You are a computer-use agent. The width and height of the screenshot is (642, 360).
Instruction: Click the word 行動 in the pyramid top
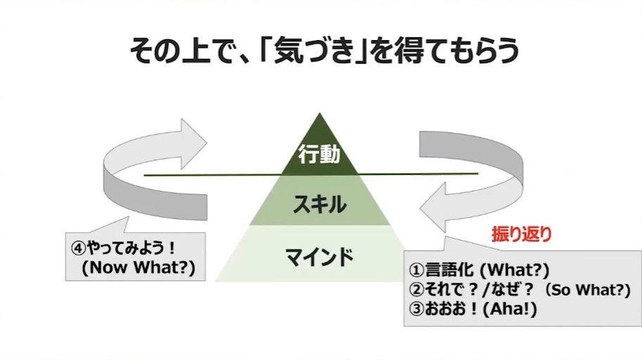click(319, 155)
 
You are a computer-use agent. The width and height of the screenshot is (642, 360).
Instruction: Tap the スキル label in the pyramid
click(319, 204)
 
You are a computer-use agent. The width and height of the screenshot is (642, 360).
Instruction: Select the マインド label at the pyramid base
click(319, 257)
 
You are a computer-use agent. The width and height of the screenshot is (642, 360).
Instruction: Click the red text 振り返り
click(521, 234)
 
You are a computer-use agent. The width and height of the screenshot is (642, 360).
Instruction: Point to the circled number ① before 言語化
click(416, 270)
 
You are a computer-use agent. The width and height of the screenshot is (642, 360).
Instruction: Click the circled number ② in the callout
click(416, 290)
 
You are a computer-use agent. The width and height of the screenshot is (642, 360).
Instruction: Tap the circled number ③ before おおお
click(416, 309)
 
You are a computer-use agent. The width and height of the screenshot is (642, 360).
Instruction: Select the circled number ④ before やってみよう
click(79, 247)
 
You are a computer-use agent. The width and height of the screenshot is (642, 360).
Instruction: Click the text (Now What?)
click(139, 267)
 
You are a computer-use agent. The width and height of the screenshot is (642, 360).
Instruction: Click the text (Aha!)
click(510, 309)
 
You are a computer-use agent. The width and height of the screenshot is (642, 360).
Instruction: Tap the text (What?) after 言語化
click(514, 270)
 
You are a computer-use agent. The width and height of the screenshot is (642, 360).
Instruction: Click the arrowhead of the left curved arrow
click(193, 143)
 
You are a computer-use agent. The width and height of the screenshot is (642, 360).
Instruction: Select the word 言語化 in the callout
click(449, 270)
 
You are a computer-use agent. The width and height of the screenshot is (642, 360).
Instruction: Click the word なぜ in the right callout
click(506, 290)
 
